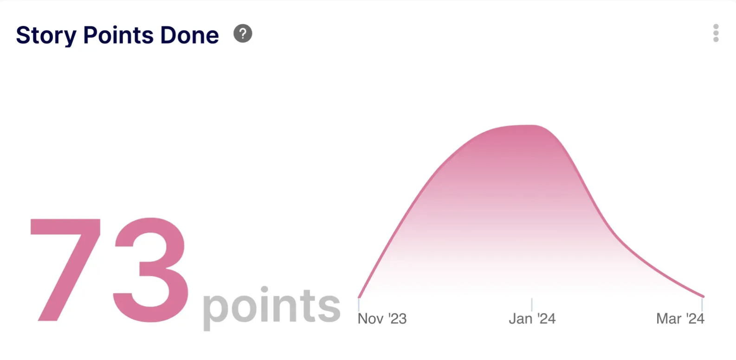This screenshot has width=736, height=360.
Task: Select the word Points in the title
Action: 118,35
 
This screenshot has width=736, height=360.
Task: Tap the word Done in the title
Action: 190,35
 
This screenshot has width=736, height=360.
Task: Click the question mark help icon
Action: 243,33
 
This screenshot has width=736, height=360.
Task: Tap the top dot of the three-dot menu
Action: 716,26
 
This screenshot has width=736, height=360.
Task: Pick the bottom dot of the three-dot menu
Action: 716,40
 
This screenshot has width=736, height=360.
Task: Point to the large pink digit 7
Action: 65,270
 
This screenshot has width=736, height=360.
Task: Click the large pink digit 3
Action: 150,270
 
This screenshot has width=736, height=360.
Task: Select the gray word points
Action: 271,307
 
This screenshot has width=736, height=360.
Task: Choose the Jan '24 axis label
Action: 532,319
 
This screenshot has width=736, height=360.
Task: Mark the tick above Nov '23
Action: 359,304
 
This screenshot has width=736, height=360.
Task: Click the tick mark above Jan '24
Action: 532,304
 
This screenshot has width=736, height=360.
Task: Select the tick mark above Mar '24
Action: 702,304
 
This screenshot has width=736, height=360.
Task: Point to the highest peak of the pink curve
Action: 529,125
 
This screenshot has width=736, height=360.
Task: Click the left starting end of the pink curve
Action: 359,297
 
